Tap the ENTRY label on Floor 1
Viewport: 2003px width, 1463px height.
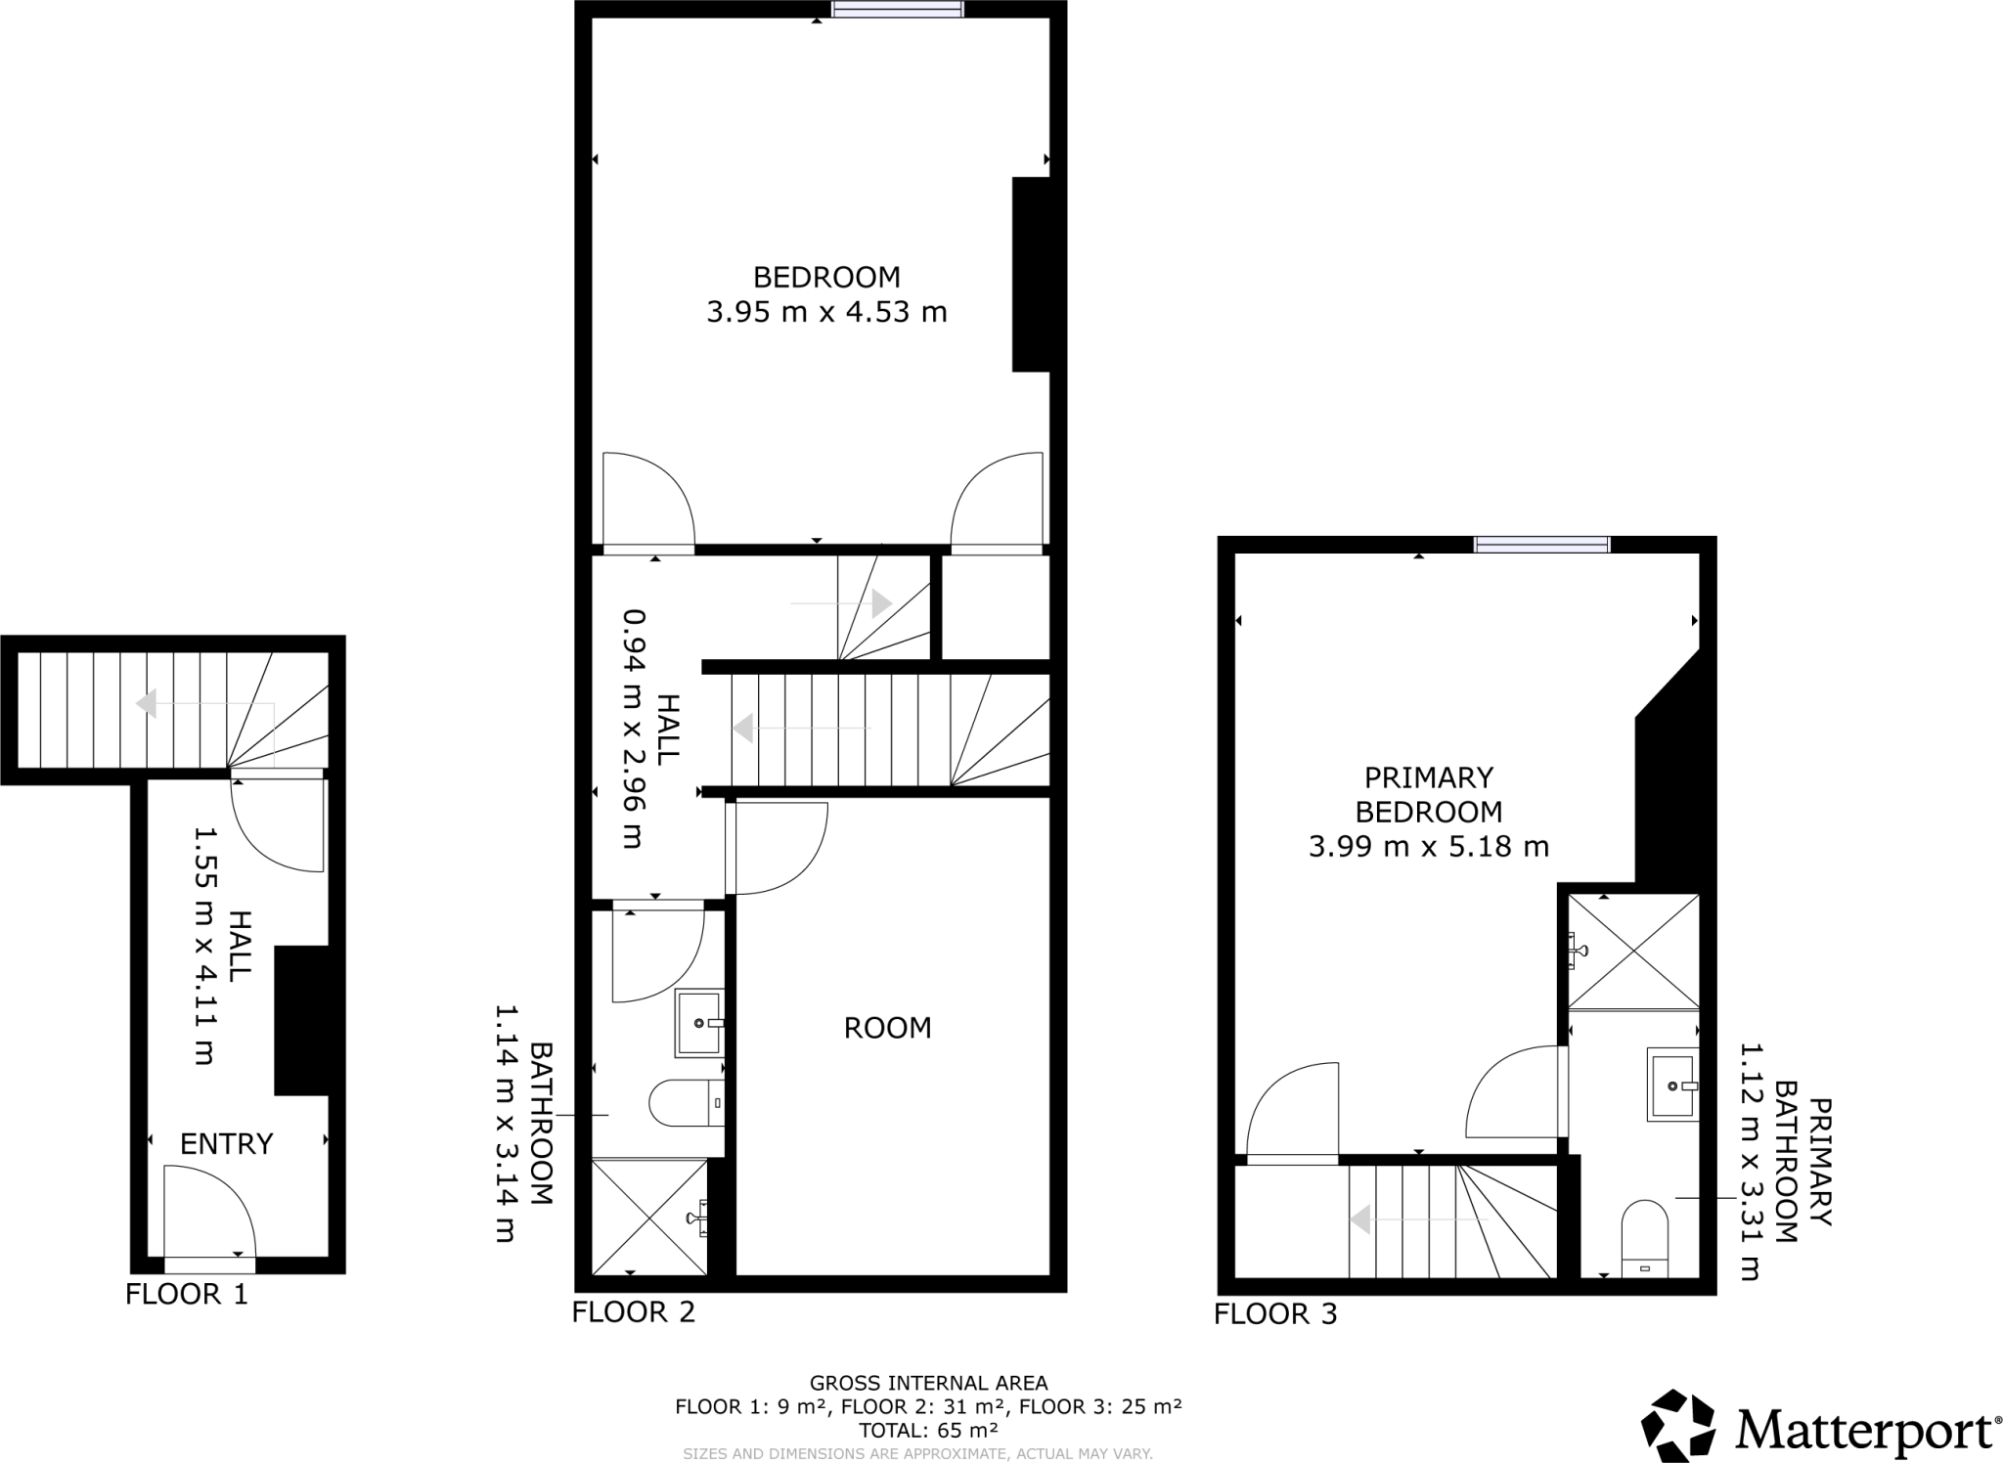click(226, 1143)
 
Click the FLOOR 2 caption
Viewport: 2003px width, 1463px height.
click(633, 1311)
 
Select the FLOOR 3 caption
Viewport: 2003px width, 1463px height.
click(1274, 1313)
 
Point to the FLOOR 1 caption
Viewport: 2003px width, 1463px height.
click(187, 1294)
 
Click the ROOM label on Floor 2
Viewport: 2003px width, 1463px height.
click(887, 1028)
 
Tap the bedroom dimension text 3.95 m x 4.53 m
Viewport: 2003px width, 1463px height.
click(826, 312)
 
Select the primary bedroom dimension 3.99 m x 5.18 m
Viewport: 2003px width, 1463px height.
click(1428, 846)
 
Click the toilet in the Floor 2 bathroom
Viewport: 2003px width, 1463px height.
click(686, 1103)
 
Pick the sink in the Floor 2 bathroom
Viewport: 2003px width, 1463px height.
click(698, 1023)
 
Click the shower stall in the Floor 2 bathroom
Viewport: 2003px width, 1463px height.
click(649, 1217)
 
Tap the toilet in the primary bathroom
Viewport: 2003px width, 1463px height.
click(1644, 1239)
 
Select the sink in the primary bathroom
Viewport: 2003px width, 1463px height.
click(1672, 1085)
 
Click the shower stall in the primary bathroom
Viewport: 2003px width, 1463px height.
click(1633, 951)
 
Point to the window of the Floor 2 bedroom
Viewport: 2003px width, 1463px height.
click(897, 10)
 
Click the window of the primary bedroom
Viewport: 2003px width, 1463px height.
click(1541, 545)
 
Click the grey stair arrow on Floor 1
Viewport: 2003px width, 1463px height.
click(147, 704)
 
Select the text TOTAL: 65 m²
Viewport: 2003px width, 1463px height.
click(928, 1430)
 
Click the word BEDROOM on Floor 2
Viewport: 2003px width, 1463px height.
click(826, 277)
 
